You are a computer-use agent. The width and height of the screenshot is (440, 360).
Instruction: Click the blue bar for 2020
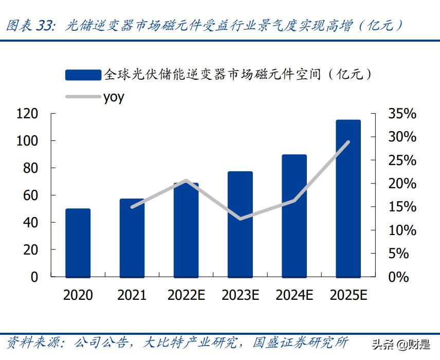pyautogui.click(x=78, y=243)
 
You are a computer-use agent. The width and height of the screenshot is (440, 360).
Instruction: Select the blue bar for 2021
pyautogui.click(x=132, y=238)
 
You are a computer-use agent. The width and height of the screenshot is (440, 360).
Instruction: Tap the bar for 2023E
pyautogui.click(x=240, y=224)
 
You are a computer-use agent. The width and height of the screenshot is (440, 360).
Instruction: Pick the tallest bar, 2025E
pyautogui.click(x=348, y=199)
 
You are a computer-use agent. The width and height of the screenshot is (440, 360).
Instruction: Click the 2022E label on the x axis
pyautogui.click(x=186, y=295)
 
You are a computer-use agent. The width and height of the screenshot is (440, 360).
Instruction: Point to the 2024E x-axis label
pyautogui.click(x=294, y=295)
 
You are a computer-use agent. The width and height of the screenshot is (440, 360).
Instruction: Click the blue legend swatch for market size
pyautogui.click(x=83, y=75)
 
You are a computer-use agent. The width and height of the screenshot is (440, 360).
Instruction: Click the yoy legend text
pyautogui.click(x=114, y=97)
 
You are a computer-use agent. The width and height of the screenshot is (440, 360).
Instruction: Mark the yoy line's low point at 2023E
pyautogui.click(x=240, y=219)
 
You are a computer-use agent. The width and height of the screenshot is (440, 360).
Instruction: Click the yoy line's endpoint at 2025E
pyautogui.click(x=349, y=141)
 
